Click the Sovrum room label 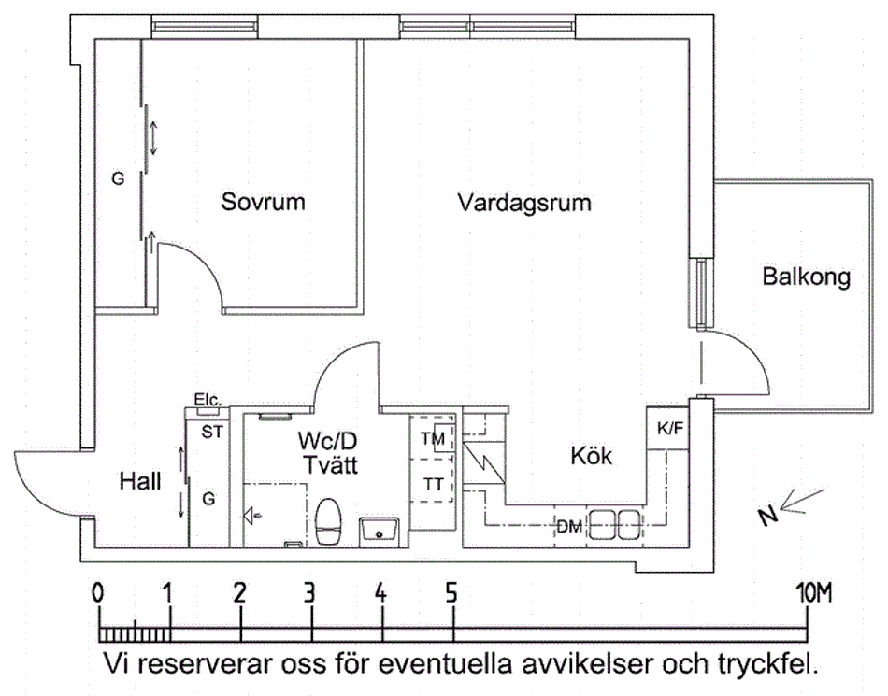(x=263, y=202)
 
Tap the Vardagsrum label (x=524, y=203)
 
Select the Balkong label (x=806, y=277)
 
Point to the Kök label (x=592, y=457)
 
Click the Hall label (x=140, y=482)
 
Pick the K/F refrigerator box (x=669, y=429)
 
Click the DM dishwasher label (x=569, y=527)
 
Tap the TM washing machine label (x=433, y=439)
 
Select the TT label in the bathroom (x=434, y=484)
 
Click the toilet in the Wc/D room (x=327, y=522)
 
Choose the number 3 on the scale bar (x=308, y=591)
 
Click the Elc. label (x=207, y=400)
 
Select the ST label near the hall (x=212, y=432)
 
